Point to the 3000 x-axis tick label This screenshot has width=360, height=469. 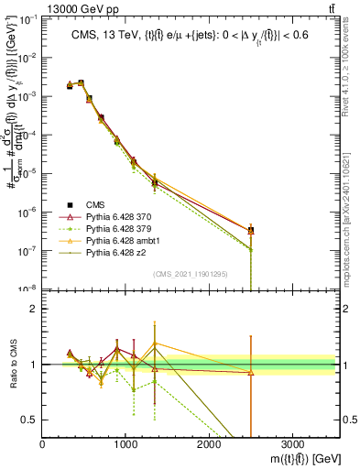pyautogui.click(x=291, y=442)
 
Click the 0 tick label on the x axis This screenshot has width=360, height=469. pyautogui.click(x=43, y=442)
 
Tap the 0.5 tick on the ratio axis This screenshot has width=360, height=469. pyautogui.click(x=30, y=420)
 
